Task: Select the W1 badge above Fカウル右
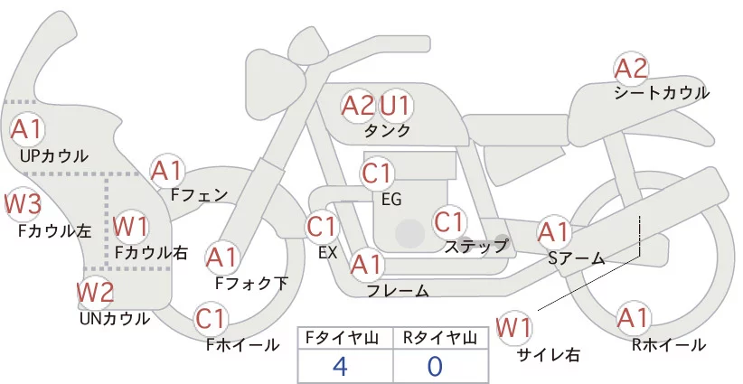(x=131, y=226)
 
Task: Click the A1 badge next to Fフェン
(x=167, y=170)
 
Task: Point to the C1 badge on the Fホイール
(x=211, y=319)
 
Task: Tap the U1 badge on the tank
(x=395, y=107)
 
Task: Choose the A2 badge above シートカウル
(x=631, y=69)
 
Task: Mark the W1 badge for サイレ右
(x=514, y=327)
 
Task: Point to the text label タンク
(x=387, y=132)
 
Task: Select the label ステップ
(x=476, y=246)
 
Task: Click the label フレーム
(x=398, y=290)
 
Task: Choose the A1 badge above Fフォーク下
(x=221, y=258)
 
